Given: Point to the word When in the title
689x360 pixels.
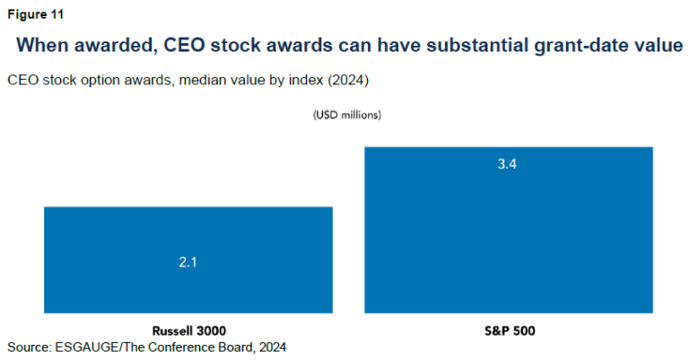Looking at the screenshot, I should point(42,45).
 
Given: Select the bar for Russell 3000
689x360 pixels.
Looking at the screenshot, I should point(188,260).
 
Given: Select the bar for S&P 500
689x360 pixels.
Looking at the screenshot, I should point(508,230).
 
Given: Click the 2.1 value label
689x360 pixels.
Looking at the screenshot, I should point(188,261).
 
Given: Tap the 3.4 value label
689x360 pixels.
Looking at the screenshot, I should point(508,165).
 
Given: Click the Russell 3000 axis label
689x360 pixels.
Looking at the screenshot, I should point(188,330).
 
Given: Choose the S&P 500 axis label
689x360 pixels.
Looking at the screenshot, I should point(508,330).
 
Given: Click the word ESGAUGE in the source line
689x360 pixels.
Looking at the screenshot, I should point(95,346).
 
